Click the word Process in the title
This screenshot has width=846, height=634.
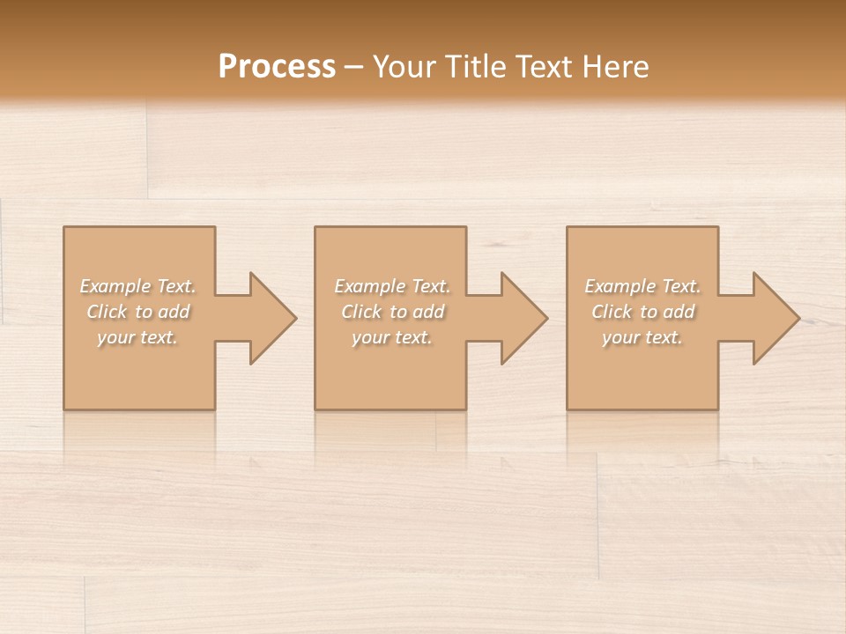[277, 67]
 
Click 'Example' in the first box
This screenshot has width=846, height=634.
[115, 286]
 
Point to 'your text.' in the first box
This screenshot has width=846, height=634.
[137, 337]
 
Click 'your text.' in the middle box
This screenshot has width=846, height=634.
[391, 337]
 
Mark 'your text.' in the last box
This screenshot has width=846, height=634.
[642, 337]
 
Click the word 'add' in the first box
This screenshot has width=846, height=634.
[174, 312]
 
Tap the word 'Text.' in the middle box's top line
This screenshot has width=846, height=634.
[431, 286]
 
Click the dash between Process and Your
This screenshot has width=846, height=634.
[354, 67]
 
